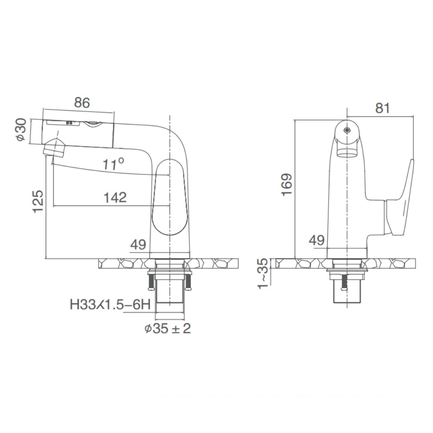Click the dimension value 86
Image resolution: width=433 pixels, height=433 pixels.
(x=82, y=103)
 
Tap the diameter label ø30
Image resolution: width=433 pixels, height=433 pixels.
(x=22, y=130)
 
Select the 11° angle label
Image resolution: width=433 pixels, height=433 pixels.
(x=114, y=164)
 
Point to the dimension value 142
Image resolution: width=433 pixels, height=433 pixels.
(x=115, y=197)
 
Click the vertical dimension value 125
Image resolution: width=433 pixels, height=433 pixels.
(x=38, y=201)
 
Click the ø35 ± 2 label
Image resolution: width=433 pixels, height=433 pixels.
(x=167, y=329)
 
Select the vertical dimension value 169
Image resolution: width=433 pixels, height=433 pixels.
(x=287, y=184)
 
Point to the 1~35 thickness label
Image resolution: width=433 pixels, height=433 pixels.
(x=263, y=273)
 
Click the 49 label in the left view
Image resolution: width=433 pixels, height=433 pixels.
(x=138, y=244)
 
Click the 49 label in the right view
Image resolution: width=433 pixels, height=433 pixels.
(x=317, y=241)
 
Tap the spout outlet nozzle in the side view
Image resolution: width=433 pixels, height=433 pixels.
(x=54, y=148)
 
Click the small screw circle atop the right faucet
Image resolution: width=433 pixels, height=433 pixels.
(x=347, y=130)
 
